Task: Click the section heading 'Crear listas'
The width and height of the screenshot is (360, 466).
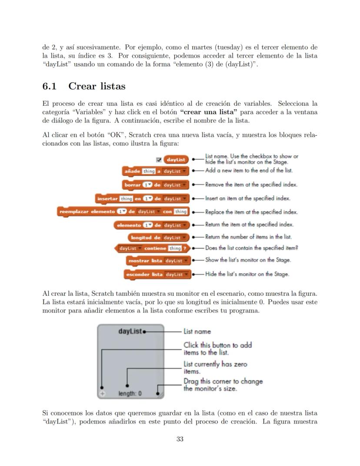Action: tap(97, 86)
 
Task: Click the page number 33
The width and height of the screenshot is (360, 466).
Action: tap(180, 439)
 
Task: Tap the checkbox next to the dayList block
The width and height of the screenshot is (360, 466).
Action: tap(159, 160)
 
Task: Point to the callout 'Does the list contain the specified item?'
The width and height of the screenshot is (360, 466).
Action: tap(251, 248)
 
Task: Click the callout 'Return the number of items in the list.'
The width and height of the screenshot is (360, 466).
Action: tap(248, 237)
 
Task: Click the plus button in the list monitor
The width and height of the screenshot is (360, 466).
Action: tap(102, 393)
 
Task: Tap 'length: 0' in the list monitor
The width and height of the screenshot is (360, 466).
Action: tap(130, 394)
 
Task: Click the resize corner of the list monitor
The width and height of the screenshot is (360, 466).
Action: tap(160, 393)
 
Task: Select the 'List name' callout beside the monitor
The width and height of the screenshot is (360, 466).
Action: tap(197, 332)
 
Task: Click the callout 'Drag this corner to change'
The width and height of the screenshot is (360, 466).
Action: tap(223, 382)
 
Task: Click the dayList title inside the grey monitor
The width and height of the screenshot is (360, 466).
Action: tap(130, 331)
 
